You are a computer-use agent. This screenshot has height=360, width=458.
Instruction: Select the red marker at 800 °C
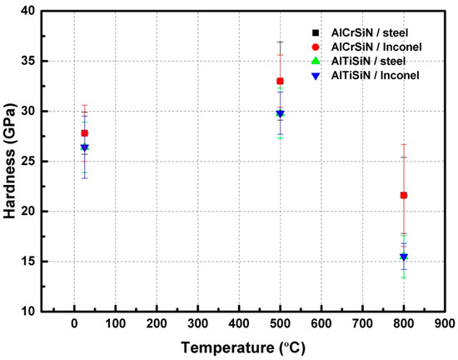[404, 195]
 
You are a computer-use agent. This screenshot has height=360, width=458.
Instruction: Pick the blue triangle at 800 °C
[404, 257]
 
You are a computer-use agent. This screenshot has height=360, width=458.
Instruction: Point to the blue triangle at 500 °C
[280, 113]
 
